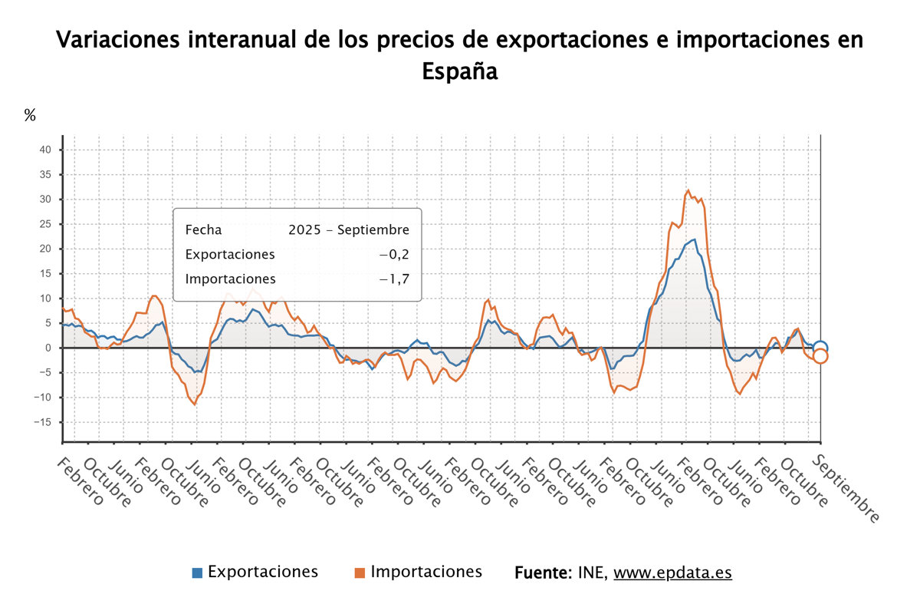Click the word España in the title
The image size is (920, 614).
click(459, 71)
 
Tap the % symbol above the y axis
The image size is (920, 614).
click(30, 116)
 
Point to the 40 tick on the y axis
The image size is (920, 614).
click(45, 150)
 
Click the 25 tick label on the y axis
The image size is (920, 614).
click(45, 224)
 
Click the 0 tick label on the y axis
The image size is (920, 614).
click(48, 348)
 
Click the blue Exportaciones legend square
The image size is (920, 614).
click(197, 573)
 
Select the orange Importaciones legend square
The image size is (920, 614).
click(360, 573)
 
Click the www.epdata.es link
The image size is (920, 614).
click(672, 573)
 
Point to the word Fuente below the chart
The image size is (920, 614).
click(542, 573)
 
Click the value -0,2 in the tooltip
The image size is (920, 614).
click(394, 255)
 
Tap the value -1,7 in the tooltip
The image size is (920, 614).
click(394, 279)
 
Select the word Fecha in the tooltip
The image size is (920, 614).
click(203, 230)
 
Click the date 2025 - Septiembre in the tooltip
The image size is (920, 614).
click(349, 230)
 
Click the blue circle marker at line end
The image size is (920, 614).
click(820, 348)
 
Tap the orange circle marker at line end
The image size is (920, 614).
click(820, 355)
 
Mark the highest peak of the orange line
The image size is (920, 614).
click(688, 190)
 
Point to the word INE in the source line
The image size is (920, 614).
click(591, 573)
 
